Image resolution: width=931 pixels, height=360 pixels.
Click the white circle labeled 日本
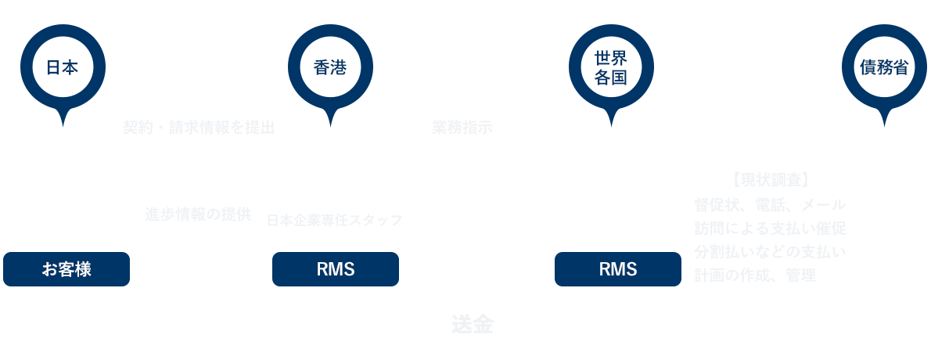pyautogui.click(x=63, y=67)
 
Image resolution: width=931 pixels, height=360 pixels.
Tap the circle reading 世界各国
pyautogui.click(x=611, y=67)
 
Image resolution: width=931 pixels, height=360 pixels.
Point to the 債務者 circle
pyautogui.click(x=884, y=67)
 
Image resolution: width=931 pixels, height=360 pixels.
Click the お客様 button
pyautogui.click(x=66, y=269)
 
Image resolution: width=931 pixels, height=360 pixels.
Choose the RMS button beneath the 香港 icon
pyautogui.click(x=336, y=269)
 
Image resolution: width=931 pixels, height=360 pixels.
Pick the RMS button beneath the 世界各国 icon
pyautogui.click(x=618, y=269)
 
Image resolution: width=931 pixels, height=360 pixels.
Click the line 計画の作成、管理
pyautogui.click(x=755, y=275)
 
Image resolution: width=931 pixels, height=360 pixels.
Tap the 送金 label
pyautogui.click(x=472, y=325)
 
